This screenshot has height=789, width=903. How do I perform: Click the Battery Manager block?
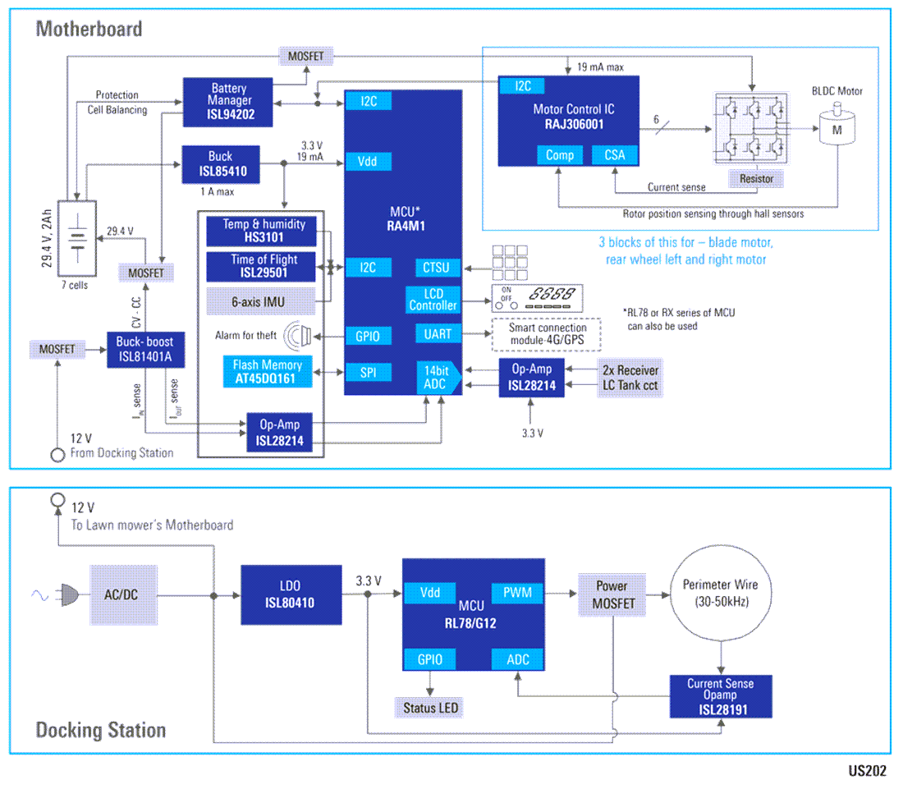pyautogui.click(x=229, y=102)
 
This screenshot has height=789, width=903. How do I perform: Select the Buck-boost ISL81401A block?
pyautogui.click(x=144, y=350)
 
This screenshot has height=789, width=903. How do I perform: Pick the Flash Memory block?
pyautogui.click(x=267, y=372)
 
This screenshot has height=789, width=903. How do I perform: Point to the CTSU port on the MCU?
pyautogui.click(x=438, y=268)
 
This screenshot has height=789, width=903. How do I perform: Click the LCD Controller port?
pyautogui.click(x=433, y=300)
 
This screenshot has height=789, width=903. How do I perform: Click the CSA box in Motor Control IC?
pyautogui.click(x=614, y=155)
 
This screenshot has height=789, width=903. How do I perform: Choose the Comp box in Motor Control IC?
pyautogui.click(x=560, y=155)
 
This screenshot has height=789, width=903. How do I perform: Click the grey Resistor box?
pyautogui.click(x=754, y=178)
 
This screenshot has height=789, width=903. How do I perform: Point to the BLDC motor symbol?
pyautogui.click(x=836, y=128)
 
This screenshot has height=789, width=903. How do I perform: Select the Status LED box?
pyautogui.click(x=429, y=708)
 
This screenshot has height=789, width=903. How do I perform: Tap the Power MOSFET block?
pyautogui.click(x=612, y=595)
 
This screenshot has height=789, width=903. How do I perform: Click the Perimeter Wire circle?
pyautogui.click(x=720, y=594)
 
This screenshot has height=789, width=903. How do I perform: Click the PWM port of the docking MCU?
pyautogui.click(x=516, y=592)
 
